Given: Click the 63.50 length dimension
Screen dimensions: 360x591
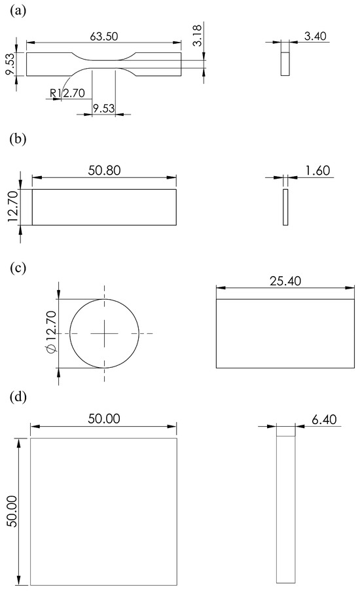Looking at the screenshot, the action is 104,36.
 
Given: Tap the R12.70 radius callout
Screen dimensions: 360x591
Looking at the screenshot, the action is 67,92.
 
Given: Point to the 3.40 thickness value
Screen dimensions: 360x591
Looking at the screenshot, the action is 315,36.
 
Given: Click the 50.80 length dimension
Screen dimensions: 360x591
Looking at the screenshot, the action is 105,170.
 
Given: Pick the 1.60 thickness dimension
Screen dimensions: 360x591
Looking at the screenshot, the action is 317,171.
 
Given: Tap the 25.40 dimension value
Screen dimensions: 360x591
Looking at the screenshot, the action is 285,281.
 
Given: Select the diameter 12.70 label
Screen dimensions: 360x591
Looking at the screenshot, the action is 51,332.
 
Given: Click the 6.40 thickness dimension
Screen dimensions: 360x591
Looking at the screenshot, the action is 324,419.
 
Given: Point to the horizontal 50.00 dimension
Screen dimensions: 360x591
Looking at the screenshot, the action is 104,418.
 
